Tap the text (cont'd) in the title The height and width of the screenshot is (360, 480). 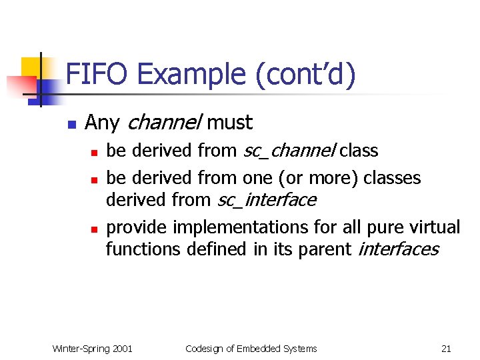(305, 73)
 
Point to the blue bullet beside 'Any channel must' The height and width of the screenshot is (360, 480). (71, 124)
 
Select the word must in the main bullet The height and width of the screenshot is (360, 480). (230, 123)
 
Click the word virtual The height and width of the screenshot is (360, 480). (433, 228)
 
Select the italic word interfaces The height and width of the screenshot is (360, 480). (399, 249)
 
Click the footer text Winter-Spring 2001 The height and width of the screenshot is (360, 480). (92, 349)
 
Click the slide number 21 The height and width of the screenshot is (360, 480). (446, 349)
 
